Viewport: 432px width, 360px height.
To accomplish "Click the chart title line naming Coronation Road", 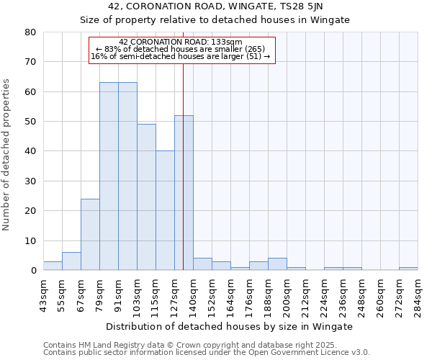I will pos(215,6).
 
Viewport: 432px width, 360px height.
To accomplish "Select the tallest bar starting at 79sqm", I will pos(109,176).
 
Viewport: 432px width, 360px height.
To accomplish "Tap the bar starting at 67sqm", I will pos(90,234).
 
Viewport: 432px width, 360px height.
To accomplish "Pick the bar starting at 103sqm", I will pos(146,197).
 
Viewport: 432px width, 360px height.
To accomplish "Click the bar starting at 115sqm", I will pos(165,210).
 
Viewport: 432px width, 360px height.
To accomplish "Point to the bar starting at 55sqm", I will pos(71,261).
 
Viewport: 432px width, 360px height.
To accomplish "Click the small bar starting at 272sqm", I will pos(408,269).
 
